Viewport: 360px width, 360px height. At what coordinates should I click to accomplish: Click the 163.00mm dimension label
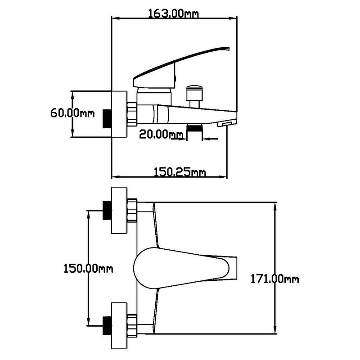173,13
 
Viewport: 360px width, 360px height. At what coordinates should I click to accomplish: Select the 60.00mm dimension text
72,112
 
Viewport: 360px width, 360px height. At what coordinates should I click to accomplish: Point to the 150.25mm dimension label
180,171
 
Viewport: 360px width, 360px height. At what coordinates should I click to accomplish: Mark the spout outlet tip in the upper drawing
227,122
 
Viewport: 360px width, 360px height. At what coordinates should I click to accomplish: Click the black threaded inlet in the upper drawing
107,118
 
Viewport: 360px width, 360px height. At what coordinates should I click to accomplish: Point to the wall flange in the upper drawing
119,115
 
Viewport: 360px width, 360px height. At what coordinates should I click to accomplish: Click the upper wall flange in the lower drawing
119,210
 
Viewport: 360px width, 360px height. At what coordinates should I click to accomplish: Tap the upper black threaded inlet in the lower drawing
107,210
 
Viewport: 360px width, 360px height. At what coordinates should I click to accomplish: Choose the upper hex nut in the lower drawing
131,210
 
